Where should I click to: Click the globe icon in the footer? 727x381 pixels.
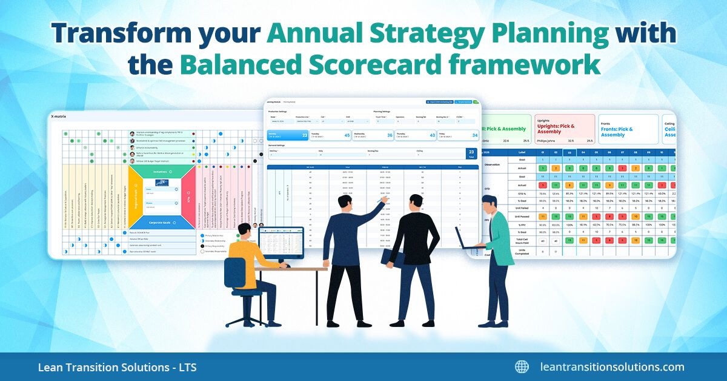[522, 366]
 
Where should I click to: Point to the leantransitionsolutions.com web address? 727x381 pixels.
[612, 367]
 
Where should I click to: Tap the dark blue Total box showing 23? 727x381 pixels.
[470, 154]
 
